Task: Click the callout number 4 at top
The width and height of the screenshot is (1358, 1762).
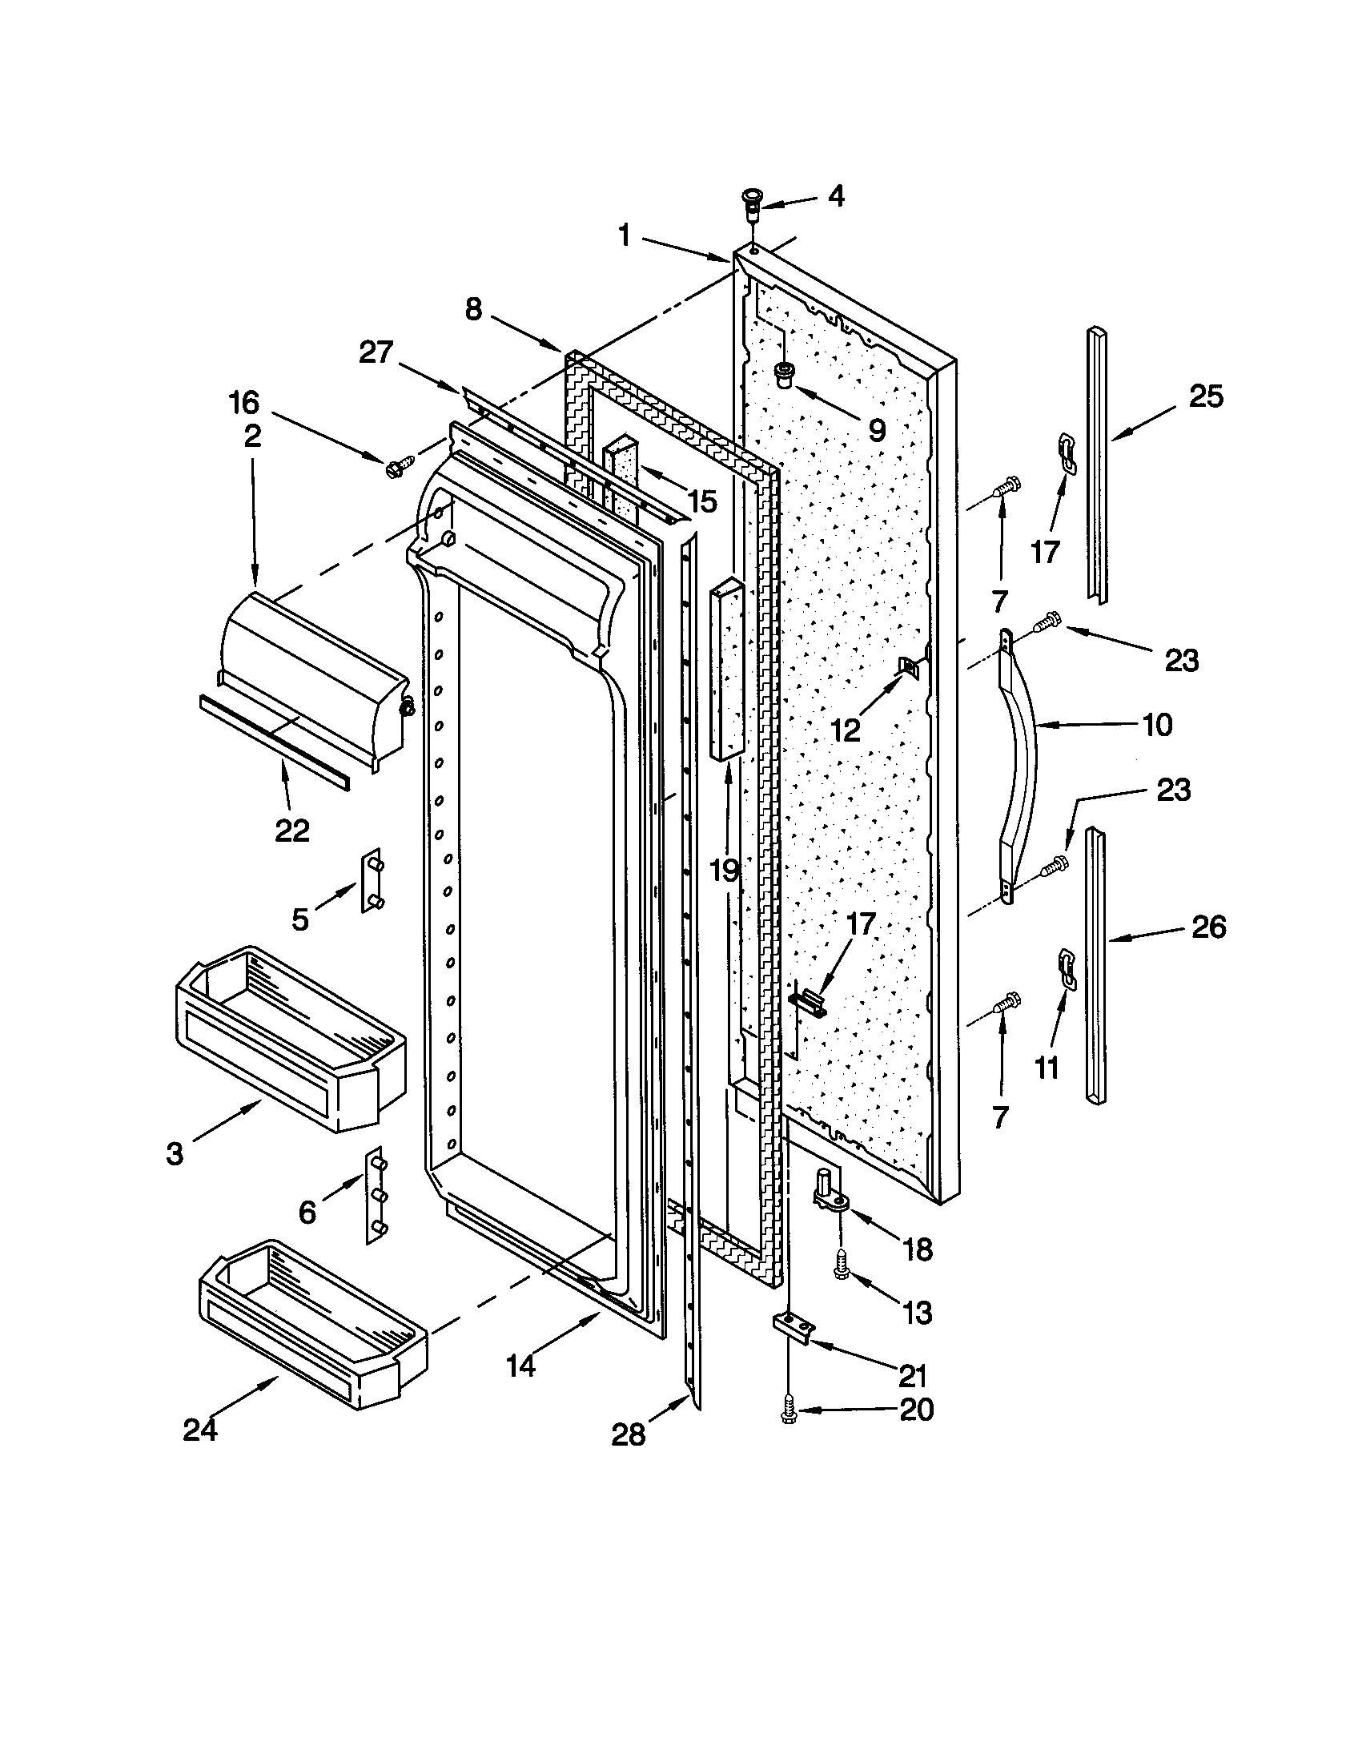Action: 836,195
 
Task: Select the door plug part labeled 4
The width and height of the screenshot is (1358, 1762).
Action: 752,206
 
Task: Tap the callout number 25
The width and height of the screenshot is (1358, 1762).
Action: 1206,396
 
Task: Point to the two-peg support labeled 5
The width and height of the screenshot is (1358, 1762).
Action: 373,882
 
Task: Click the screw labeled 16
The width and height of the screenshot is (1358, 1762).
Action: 400,465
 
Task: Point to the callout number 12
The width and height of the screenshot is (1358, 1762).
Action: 846,730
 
